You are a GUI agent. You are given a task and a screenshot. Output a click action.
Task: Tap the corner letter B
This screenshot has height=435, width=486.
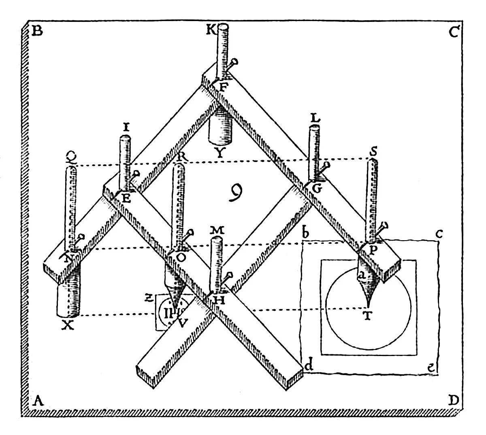tap(37, 31)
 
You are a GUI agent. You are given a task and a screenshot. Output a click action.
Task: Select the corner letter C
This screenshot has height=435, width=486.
tap(453, 32)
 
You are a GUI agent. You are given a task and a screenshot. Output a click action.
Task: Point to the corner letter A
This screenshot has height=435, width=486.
tap(38, 401)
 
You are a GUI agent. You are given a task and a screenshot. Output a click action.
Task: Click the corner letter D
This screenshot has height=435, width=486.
tap(454, 401)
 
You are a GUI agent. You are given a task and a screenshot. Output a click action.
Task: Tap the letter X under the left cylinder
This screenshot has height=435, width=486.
tap(69, 324)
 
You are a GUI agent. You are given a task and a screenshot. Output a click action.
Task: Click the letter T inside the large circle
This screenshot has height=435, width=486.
tap(367, 317)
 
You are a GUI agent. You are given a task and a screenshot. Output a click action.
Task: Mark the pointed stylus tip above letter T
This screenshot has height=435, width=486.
tap(368, 305)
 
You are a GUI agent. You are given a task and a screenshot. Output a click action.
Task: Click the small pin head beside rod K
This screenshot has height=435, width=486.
tap(234, 62)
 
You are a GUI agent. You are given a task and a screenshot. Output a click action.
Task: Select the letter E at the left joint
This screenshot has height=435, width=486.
tap(126, 198)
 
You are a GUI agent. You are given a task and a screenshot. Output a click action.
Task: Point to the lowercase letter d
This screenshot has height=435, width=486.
tap(309, 366)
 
